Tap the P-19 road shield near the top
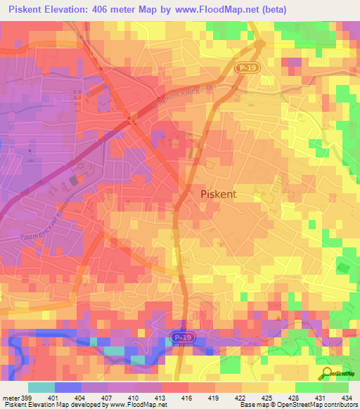243,65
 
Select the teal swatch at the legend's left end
41,387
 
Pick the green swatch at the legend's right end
335,387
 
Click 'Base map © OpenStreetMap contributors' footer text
297,404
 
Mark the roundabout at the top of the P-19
260,44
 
